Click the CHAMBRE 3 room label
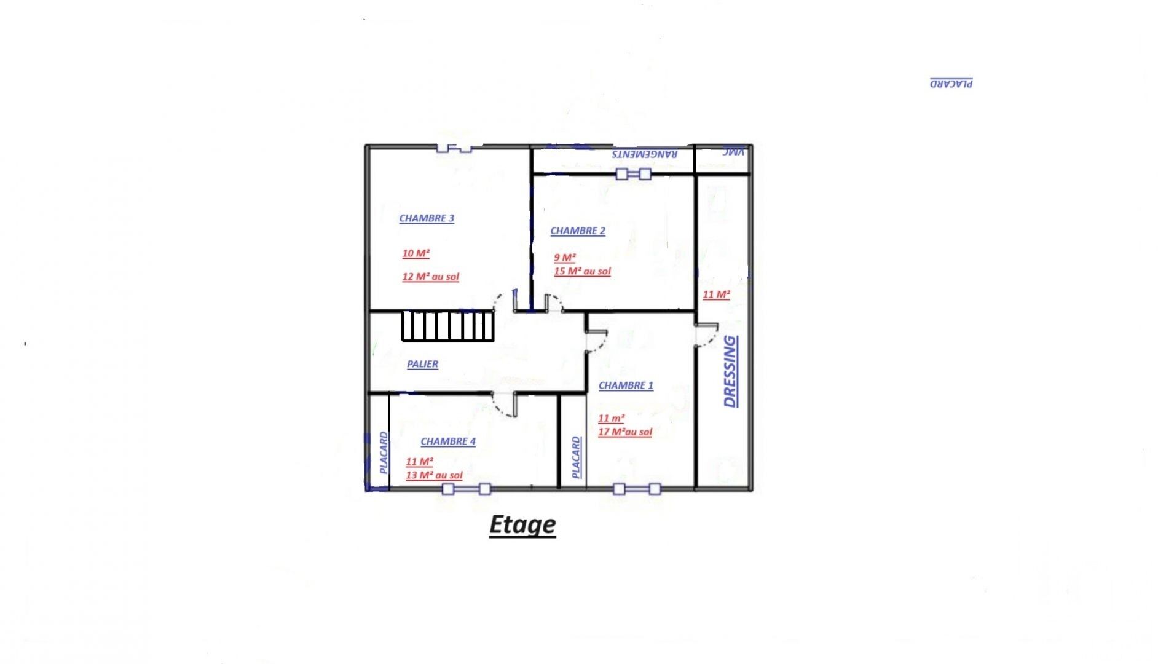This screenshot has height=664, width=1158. pos(427,218)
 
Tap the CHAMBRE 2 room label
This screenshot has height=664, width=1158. pos(578,231)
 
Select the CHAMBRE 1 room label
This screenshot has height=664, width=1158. pos(626,385)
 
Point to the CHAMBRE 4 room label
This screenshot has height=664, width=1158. pos(448,441)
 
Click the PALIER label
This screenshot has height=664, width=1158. pos(423,364)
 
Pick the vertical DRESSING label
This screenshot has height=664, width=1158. pos(730,371)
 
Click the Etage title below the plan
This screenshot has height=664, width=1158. pos(522,525)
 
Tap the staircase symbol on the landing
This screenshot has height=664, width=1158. pos(448,326)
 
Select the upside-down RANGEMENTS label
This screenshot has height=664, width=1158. pos(645,154)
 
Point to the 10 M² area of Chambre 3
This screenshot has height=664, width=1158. pos(416,253)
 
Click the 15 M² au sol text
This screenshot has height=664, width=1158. pos(582,271)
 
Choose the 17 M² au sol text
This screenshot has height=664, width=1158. pos(625,432)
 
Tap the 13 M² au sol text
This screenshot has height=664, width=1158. pos(434,475)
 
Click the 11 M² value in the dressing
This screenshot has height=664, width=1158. pos(716,294)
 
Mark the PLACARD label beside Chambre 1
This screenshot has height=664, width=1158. pos(576,457)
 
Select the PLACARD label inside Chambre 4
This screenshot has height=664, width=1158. pos(384,453)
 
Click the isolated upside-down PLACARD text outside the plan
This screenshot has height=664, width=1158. pos(951,83)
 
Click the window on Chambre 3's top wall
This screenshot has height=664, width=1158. pos(454,148)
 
